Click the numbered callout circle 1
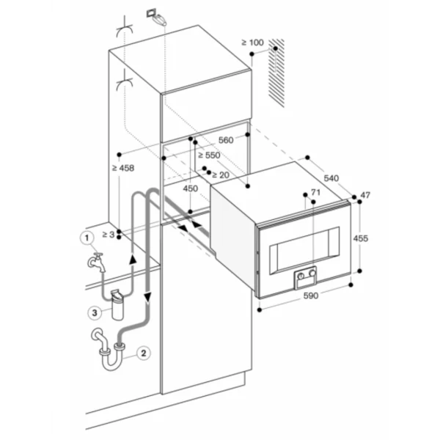point(87,238)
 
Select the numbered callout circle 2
point(144,353)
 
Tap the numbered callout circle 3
point(95,312)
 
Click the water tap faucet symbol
point(97,262)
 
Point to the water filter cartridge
point(117,304)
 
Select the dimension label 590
point(311,296)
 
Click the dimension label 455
point(361,238)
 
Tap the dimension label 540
point(331,178)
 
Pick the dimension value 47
point(365,195)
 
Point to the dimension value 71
point(315,192)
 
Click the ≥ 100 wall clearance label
point(252,43)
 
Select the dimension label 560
point(226,140)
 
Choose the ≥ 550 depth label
point(209,155)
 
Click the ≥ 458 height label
point(123,168)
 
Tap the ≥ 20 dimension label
point(221,175)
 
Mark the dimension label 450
point(191,188)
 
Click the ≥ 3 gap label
point(109,235)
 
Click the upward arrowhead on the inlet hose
point(133,259)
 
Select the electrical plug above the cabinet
point(157,17)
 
